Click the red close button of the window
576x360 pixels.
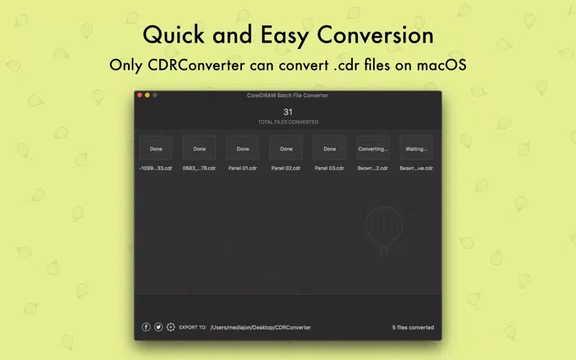click(x=140, y=95)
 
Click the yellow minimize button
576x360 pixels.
click(x=148, y=95)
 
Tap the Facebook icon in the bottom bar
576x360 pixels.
click(x=146, y=327)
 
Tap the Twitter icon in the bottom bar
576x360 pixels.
click(x=158, y=327)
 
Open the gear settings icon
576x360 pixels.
click(x=171, y=327)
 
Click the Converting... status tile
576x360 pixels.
click(x=373, y=148)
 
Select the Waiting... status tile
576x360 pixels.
click(x=416, y=148)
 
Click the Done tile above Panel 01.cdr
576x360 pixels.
click(x=243, y=148)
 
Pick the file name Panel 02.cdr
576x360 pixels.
click(x=286, y=168)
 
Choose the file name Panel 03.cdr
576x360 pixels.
click(x=329, y=168)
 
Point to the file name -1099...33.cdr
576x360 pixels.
click(x=156, y=168)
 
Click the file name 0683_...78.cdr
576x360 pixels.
click(x=199, y=168)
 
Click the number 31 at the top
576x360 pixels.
click(x=287, y=112)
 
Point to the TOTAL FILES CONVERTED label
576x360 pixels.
click(x=288, y=122)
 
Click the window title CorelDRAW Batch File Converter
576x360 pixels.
click(x=287, y=96)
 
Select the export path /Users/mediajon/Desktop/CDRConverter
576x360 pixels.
click(x=261, y=328)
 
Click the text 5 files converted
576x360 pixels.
click(x=413, y=328)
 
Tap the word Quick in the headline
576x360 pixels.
click(x=174, y=35)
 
